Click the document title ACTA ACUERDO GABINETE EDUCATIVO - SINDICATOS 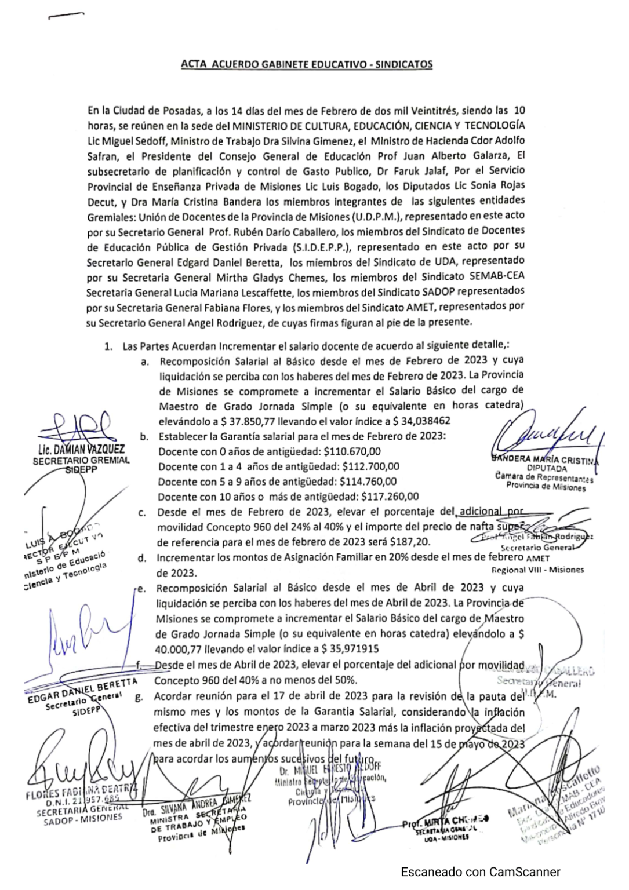click(x=307, y=64)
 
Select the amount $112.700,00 click(x=371, y=466)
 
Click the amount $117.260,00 click(x=390, y=497)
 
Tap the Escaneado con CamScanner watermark click(x=481, y=871)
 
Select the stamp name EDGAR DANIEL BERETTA click(x=82, y=690)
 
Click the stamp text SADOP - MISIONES click(x=83, y=819)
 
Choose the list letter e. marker click(x=141, y=588)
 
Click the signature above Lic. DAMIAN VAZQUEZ click(x=81, y=426)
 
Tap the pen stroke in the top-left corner click(x=66, y=16)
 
